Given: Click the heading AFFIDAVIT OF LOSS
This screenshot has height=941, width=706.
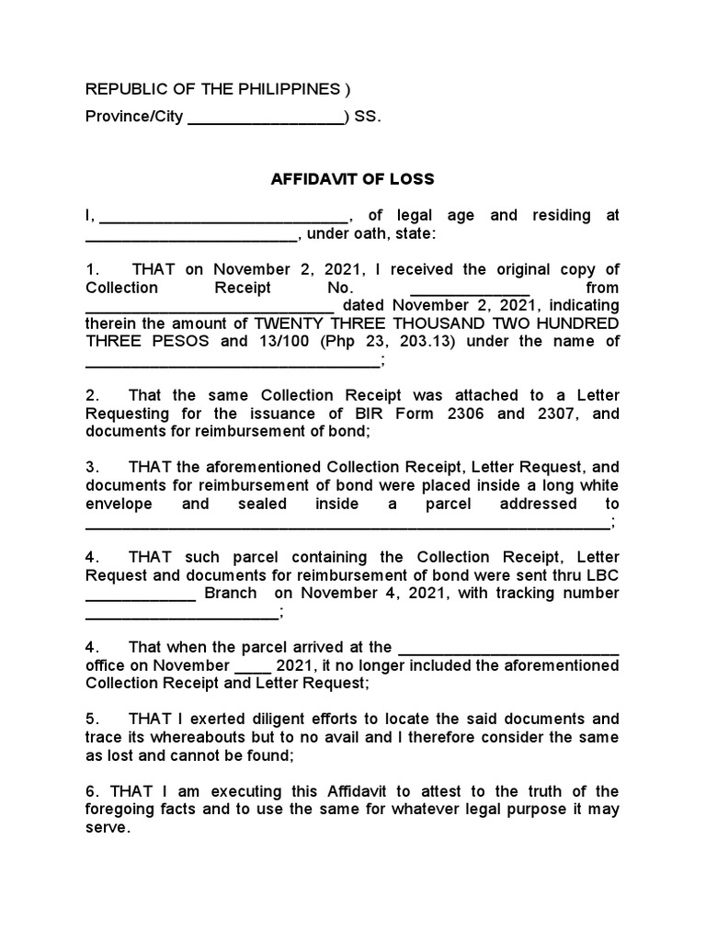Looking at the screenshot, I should tap(353, 179).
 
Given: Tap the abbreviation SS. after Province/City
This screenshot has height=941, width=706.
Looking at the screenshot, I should tap(367, 118).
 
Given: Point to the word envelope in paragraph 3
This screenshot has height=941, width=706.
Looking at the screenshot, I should tap(120, 504).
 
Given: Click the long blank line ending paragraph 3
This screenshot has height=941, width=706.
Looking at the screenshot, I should tap(347, 526).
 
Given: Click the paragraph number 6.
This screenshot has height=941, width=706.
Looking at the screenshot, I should tap(90, 791).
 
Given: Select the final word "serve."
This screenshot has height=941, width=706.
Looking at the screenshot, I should tap(108, 827).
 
